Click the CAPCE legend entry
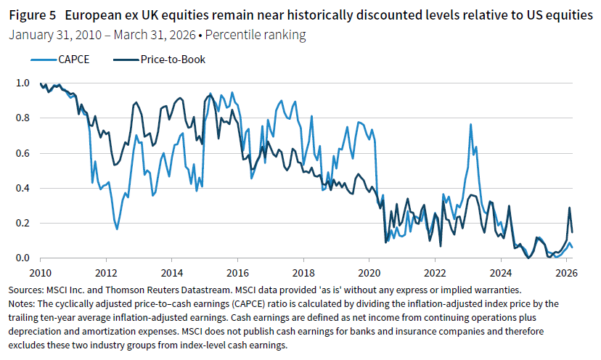[70, 60]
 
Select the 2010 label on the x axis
[41, 273]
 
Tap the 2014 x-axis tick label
[171, 273]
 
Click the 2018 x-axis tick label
[303, 273]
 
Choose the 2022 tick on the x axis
[434, 273]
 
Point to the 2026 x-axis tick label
[565, 273]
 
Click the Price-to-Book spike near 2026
[569, 208]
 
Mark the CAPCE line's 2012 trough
[117, 229]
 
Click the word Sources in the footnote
[25, 290]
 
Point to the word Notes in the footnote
[20, 302]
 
